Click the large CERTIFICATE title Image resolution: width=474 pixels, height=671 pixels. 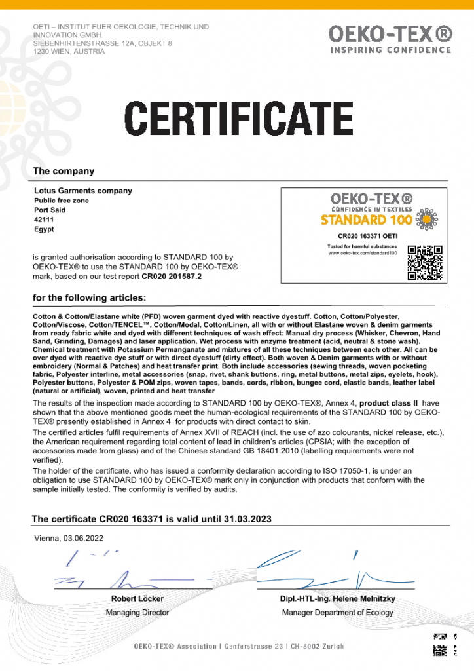click(239, 118)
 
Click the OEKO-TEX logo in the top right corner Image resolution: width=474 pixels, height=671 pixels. click(390, 39)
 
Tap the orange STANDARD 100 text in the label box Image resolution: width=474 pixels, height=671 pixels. click(367, 220)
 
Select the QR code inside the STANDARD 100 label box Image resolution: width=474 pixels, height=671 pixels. click(425, 263)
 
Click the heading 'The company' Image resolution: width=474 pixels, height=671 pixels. click(64, 171)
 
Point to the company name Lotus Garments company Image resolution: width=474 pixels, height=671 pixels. click(82, 191)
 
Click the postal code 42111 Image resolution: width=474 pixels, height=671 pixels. click(43, 220)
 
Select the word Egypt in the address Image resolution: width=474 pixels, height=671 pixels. click(43, 230)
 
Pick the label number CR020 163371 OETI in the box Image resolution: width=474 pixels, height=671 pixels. click(367, 235)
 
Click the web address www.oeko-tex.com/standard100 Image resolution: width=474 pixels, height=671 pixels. click(363, 252)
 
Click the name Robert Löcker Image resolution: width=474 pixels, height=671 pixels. click(137, 599)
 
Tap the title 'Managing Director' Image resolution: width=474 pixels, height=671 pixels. click(137, 613)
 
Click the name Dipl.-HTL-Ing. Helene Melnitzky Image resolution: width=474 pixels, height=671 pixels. click(338, 599)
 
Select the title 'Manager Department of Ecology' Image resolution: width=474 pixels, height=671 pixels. click(338, 613)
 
